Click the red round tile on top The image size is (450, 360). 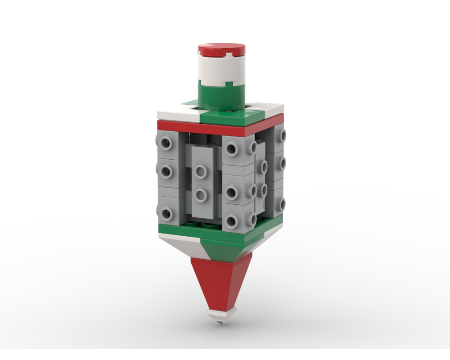221,49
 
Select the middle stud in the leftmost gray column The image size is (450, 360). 166,171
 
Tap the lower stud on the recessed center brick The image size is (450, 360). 201,195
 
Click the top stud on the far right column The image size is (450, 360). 282,135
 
